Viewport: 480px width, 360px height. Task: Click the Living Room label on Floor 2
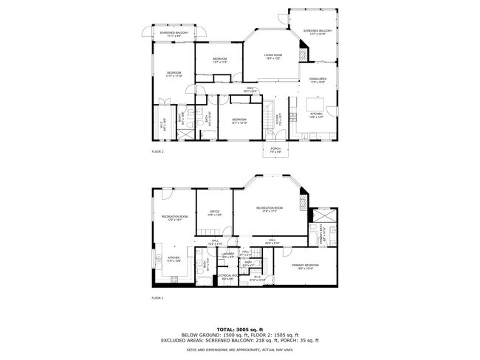[x=275, y=56]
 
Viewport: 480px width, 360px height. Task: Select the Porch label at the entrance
[x=275, y=150]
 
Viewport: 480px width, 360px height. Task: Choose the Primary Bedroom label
[x=304, y=266]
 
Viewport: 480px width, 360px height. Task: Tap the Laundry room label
[x=228, y=255]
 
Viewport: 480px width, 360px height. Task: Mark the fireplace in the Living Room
[x=302, y=54]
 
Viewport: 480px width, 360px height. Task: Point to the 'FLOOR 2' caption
[x=157, y=151]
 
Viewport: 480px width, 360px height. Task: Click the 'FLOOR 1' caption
[x=157, y=298]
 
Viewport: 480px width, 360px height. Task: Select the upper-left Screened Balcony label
[x=170, y=34]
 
